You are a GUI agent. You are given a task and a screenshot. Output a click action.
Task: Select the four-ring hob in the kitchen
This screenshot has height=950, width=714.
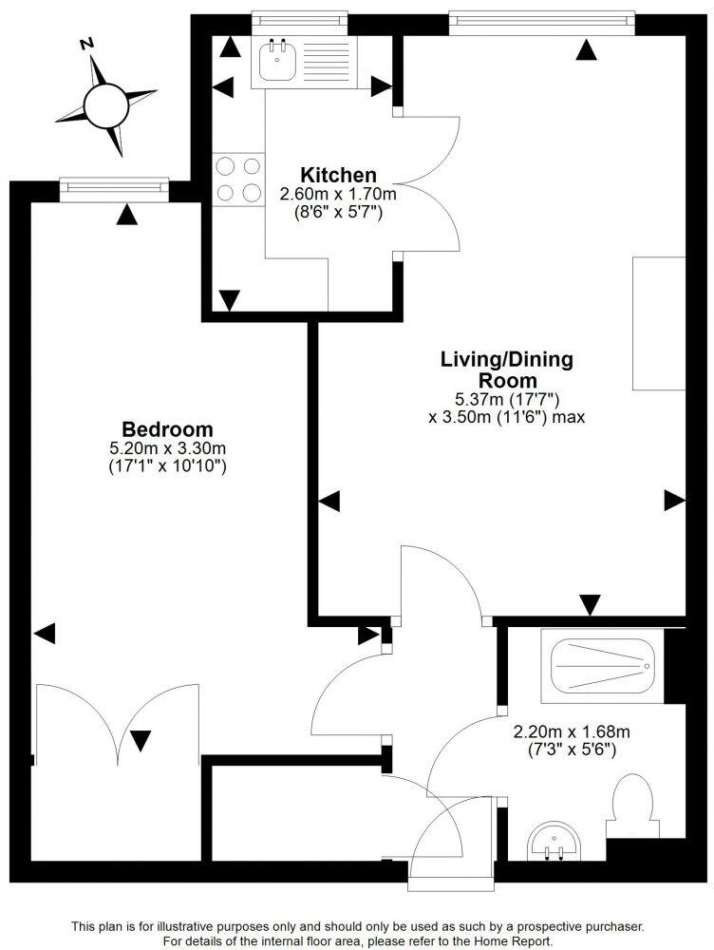click(238, 180)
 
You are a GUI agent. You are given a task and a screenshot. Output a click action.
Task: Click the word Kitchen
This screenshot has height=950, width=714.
click(338, 175)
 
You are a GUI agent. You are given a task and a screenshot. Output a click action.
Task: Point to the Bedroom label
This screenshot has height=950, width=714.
click(167, 428)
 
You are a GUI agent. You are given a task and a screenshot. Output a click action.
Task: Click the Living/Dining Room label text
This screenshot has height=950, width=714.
click(506, 370)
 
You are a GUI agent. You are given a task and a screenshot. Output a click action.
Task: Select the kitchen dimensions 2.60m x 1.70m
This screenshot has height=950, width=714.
click(337, 194)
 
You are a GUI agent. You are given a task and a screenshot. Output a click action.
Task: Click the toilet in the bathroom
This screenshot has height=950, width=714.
click(632, 807)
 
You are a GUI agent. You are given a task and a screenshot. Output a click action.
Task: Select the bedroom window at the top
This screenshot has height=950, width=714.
click(113, 188)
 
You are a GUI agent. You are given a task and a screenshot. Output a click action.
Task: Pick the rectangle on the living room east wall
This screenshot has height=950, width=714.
click(659, 323)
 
